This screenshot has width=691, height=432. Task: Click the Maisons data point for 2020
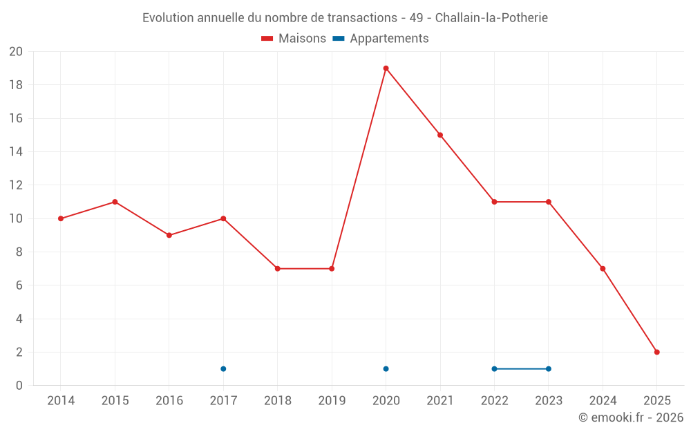point(386,68)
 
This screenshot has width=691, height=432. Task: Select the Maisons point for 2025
point(657,352)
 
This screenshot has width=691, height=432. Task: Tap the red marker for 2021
point(440,135)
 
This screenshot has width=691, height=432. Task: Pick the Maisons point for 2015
point(115,202)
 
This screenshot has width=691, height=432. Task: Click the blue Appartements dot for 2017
point(223,368)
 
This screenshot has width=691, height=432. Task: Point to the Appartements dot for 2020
point(386,368)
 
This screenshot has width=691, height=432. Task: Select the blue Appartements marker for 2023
point(549,368)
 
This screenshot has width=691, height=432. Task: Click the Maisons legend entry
point(294,39)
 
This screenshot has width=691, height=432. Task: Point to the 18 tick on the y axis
point(16,85)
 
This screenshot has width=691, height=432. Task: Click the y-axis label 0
point(19,385)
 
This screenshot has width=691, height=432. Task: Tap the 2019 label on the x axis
point(332,400)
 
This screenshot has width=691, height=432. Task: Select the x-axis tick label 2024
point(603,400)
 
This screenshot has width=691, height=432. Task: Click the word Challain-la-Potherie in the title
point(491,18)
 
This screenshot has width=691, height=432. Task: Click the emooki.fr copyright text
point(631,417)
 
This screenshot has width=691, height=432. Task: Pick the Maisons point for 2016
point(169,235)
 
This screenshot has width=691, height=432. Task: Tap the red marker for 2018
point(277,268)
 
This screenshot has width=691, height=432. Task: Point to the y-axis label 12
point(16,185)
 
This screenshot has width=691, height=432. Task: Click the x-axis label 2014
point(61,400)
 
